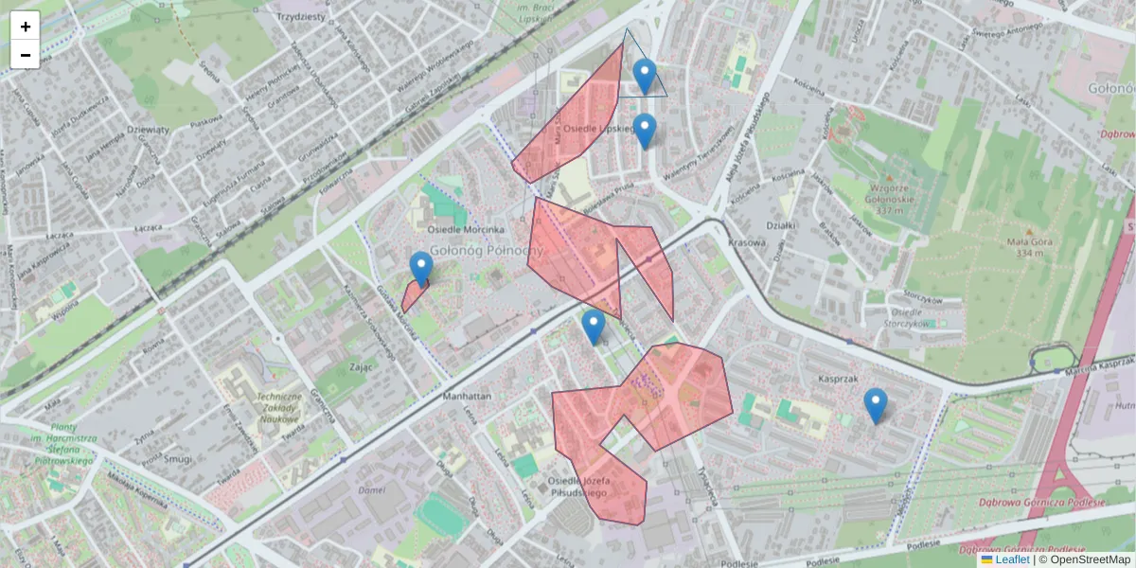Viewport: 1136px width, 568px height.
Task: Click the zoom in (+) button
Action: pyautogui.click(x=26, y=27)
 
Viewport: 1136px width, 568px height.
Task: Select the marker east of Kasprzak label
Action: pyautogui.click(x=876, y=405)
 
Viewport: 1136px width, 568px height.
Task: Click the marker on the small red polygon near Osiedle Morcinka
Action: pyautogui.click(x=421, y=269)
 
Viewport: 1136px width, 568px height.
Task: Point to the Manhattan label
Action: pyautogui.click(x=467, y=397)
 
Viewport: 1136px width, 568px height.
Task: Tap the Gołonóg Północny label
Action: pyautogui.click(x=487, y=250)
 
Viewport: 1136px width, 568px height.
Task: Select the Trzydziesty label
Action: pyautogui.click(x=301, y=17)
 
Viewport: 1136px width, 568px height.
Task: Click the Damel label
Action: pyautogui.click(x=374, y=490)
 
